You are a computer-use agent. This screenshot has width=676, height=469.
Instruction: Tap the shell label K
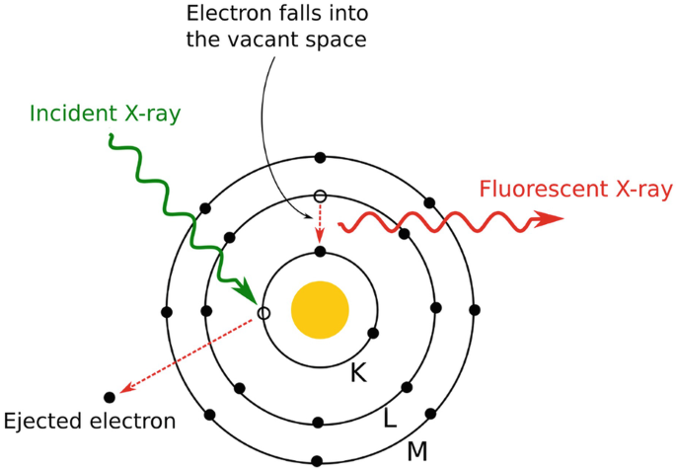(360, 373)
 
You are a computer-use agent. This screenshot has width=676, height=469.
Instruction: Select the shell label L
(391, 419)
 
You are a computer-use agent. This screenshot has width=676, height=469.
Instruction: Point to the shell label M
(417, 452)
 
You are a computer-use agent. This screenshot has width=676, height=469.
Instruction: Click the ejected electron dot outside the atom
(110, 397)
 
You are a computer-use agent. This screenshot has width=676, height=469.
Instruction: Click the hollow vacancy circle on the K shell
(263, 313)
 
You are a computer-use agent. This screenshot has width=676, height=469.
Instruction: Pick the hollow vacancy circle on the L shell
(319, 195)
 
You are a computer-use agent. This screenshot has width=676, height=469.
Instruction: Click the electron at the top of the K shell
(320, 252)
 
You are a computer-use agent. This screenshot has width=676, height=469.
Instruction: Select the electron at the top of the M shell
(319, 157)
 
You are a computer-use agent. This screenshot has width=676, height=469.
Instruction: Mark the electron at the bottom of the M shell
(318, 461)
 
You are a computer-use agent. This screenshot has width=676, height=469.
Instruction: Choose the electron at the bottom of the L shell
(319, 423)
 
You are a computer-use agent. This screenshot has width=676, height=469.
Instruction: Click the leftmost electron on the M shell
(167, 311)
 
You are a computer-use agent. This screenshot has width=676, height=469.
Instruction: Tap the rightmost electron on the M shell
(474, 310)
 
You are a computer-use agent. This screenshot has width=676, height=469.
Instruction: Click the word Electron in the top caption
(221, 15)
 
